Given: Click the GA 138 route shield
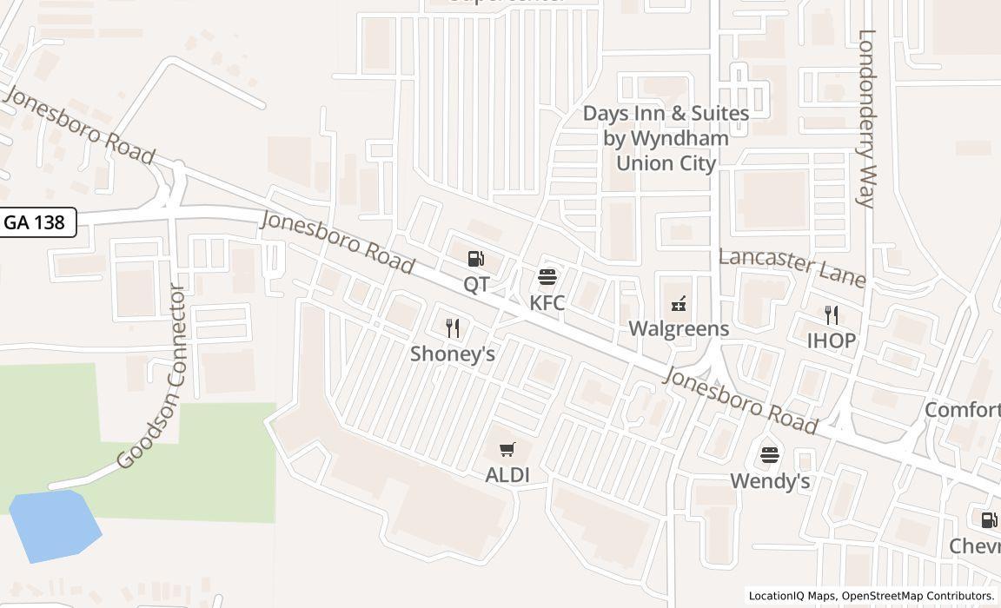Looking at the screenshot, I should pos(35,222).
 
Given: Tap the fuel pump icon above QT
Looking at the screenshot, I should pos(475,259).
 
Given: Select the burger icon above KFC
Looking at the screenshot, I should pos(547,277).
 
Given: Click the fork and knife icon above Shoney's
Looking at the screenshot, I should pos(453,327).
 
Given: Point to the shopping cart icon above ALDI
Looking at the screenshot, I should pos(507,449).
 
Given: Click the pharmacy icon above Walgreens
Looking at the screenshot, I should pos(679,303).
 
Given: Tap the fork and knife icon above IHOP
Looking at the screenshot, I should pos(832,315).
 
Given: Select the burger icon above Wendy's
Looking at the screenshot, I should pos(769,454).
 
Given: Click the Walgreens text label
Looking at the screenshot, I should pos(679,328).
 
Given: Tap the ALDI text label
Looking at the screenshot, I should pos(507,475).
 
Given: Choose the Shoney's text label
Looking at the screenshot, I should pos(453,354).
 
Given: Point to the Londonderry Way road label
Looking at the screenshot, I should pos(866,118).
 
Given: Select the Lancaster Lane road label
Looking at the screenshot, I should pos(792,266).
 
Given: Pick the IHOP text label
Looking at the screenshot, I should pos(832,340).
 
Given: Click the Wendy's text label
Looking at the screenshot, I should pos(770,480).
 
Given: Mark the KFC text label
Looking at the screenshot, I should pos(547,303).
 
